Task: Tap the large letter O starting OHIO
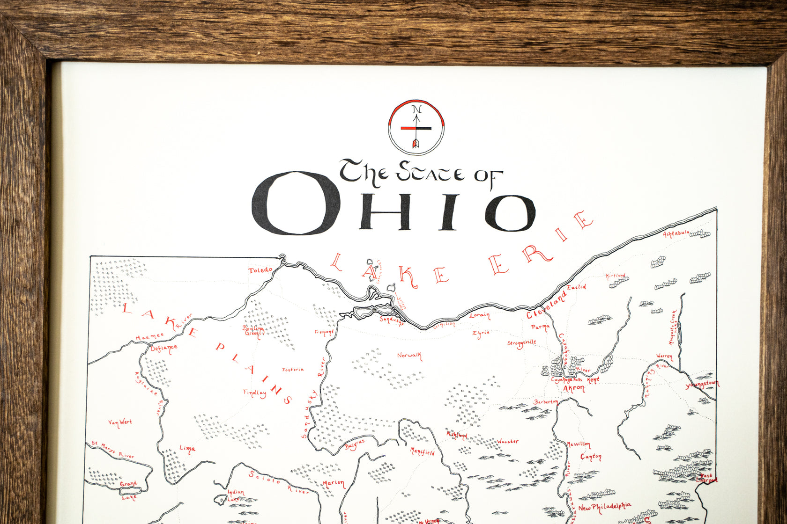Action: (295, 204)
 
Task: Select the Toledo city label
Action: (260, 270)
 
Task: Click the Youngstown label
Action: (702, 385)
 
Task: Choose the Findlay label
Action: (255, 393)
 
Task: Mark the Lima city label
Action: (187, 449)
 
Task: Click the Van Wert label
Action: (120, 422)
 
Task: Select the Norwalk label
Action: (409, 356)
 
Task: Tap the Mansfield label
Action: (423, 452)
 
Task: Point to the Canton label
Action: (591, 457)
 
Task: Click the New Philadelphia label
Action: (604, 507)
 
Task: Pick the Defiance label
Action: (164, 348)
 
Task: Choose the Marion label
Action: (333, 483)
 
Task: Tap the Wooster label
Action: (507, 441)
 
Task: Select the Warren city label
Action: (664, 357)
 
